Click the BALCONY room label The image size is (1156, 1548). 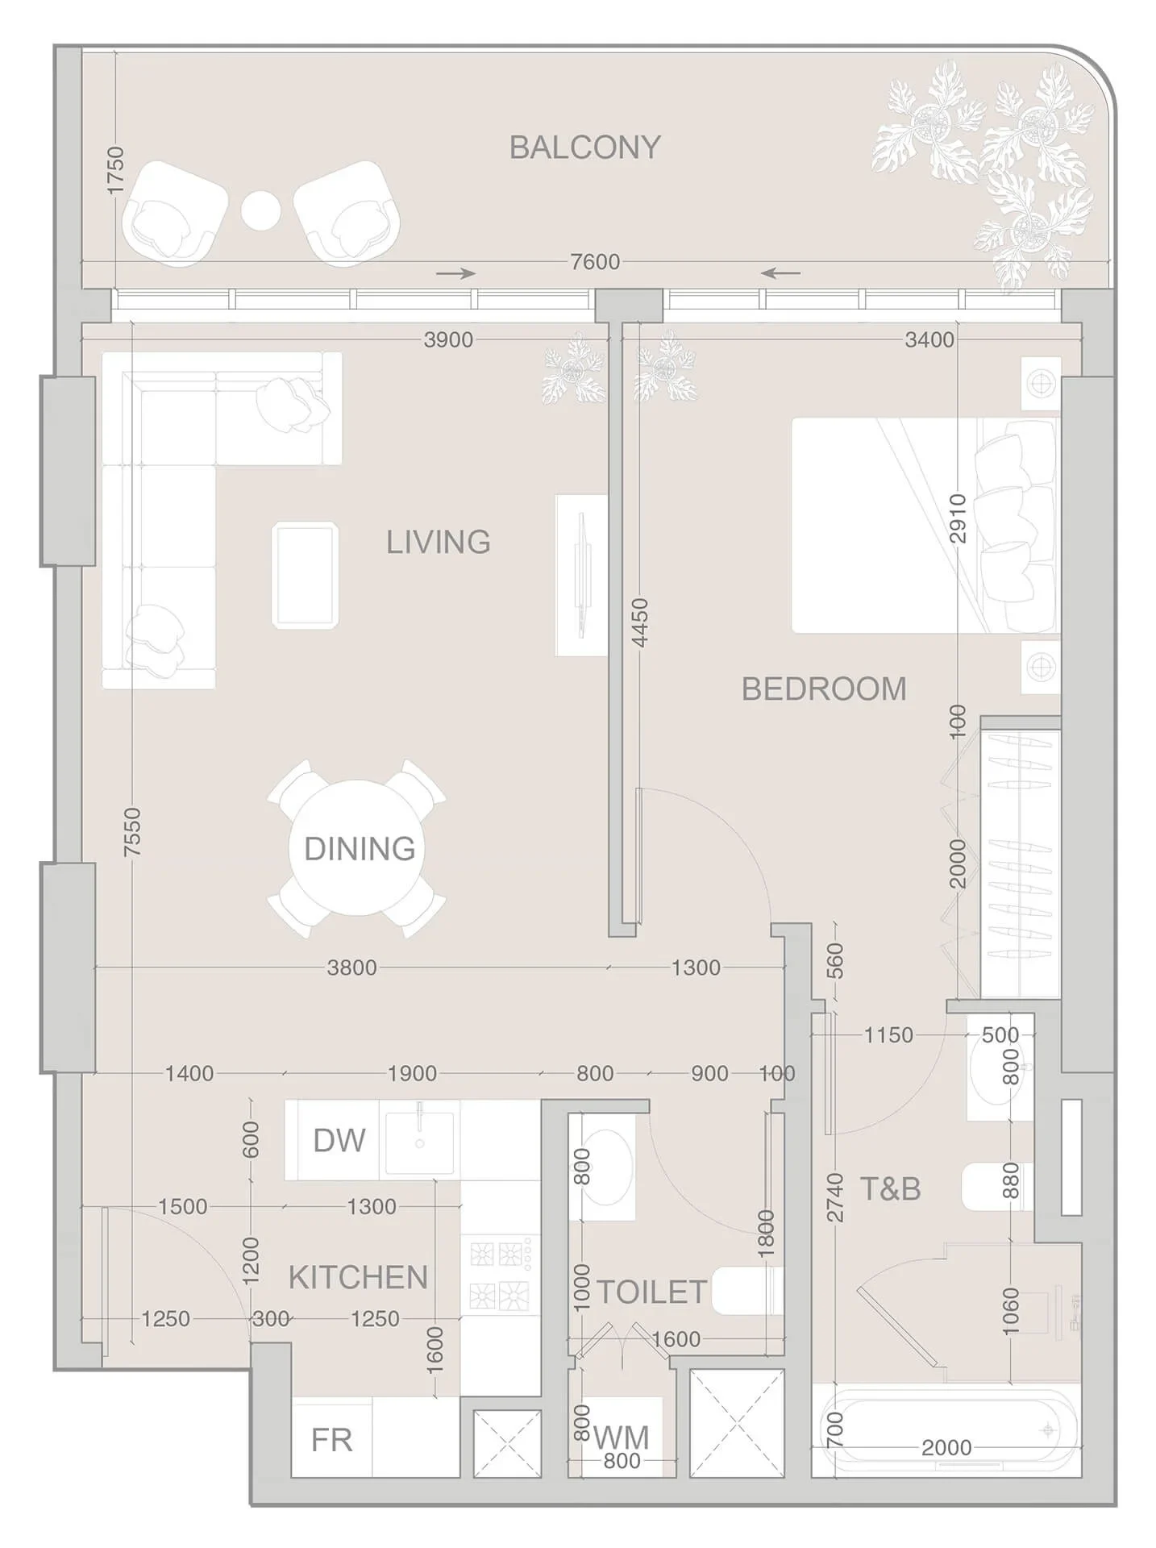click(585, 148)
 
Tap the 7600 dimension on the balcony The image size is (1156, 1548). click(595, 262)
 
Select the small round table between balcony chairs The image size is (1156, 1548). click(260, 210)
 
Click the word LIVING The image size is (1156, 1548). click(439, 542)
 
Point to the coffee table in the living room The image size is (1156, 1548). click(306, 574)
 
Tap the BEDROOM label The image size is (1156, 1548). click(824, 689)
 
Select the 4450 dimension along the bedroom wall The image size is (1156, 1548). click(640, 622)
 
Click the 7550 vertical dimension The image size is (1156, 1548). click(132, 832)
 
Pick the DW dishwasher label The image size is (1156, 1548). click(339, 1141)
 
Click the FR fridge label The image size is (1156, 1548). click(331, 1440)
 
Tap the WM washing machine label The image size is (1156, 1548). click(621, 1438)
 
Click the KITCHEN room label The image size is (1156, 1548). click(358, 1277)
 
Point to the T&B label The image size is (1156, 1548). click(890, 1188)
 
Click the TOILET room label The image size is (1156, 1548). click(651, 1292)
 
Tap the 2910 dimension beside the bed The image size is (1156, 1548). click(958, 518)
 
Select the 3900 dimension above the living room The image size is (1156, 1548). click(448, 339)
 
